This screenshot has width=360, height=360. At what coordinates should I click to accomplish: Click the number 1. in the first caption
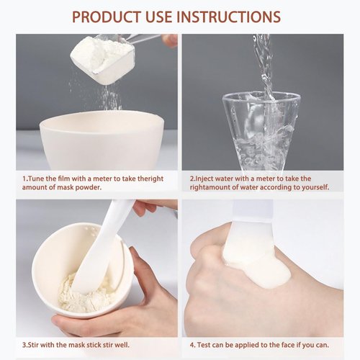click(x=24, y=178)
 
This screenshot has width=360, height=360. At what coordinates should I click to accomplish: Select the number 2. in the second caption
click(x=193, y=178)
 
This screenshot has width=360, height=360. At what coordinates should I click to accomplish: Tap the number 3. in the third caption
click(x=24, y=344)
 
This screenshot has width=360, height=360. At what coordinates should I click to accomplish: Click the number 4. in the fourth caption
click(x=192, y=344)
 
